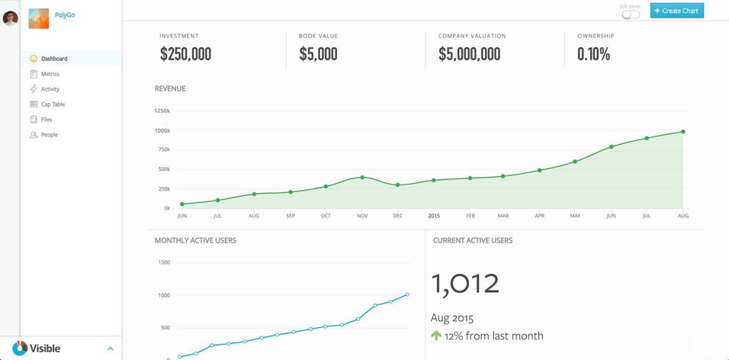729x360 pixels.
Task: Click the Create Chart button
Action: [x=676, y=11]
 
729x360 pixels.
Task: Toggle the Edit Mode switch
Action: [x=631, y=14]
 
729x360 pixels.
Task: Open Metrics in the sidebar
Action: [x=50, y=74]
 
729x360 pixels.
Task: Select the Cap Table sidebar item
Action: [x=53, y=104]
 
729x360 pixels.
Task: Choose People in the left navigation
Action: [x=49, y=135]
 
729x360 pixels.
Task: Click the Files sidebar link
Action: [x=47, y=120]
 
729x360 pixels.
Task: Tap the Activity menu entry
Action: [x=50, y=89]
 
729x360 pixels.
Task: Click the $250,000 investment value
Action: [x=185, y=54]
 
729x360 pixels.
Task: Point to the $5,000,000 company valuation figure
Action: [x=469, y=54]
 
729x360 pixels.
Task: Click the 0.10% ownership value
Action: [x=593, y=54]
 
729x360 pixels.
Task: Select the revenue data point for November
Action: [x=362, y=177]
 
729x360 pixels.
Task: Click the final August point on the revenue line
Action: [x=682, y=131]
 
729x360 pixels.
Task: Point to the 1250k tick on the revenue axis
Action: [x=162, y=111]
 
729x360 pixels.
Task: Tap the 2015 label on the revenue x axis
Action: [x=434, y=216]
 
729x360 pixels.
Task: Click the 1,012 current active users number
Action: [x=465, y=284]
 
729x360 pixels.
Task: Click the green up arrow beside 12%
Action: [x=436, y=336]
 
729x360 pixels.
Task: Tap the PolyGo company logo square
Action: [x=39, y=18]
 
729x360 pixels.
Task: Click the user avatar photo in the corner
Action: [x=10, y=18]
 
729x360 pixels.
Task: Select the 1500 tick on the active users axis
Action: [x=164, y=262]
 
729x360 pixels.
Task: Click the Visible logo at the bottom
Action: [x=36, y=349]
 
